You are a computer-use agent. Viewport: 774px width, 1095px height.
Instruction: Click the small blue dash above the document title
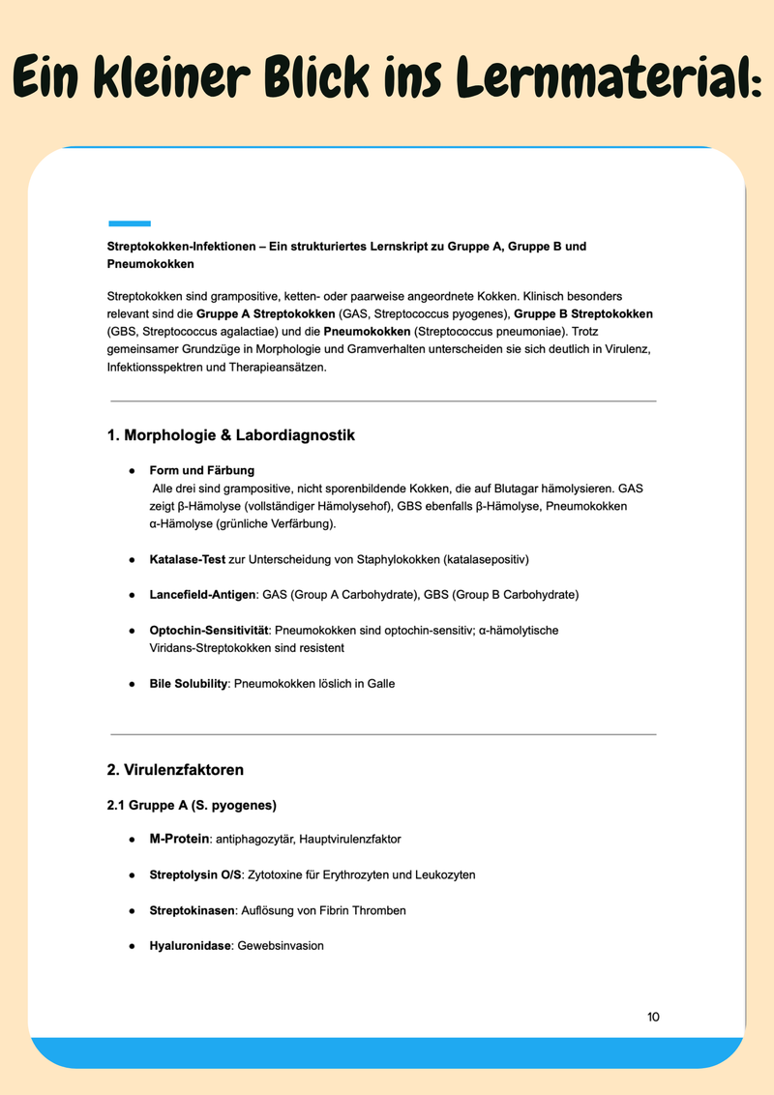click(x=129, y=223)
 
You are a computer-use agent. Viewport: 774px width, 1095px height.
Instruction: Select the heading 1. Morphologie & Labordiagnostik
click(x=230, y=435)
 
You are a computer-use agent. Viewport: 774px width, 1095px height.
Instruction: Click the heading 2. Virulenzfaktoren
click(x=175, y=770)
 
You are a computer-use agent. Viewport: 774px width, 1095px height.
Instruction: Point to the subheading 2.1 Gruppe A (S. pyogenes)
click(x=192, y=805)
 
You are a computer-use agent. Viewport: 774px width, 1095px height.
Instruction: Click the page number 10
click(x=653, y=1017)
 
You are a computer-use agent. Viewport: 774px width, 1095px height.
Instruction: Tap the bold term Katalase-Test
click(x=187, y=559)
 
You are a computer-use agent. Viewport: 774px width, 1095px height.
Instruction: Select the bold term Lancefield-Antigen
click(x=201, y=594)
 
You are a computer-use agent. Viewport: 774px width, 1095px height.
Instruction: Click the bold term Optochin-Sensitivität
click(x=208, y=630)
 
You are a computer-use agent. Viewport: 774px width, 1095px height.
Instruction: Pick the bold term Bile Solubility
click(x=189, y=683)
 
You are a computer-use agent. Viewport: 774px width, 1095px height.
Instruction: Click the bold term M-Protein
click(x=179, y=839)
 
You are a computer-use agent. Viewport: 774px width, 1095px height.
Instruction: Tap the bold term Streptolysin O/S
click(x=195, y=874)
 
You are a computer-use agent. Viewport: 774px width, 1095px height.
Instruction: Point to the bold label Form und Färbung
click(x=201, y=470)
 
